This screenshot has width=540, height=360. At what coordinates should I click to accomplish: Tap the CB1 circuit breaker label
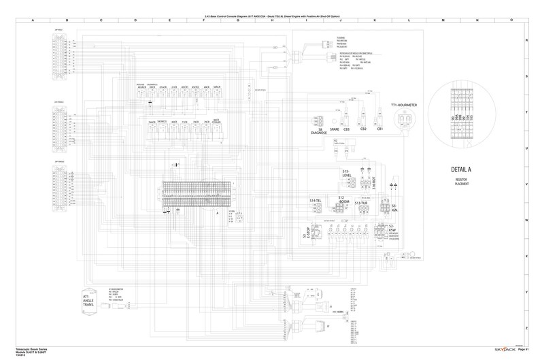coord(380,129)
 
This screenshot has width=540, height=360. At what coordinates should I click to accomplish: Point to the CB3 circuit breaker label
coord(346,129)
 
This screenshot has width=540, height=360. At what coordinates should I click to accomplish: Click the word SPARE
coord(334,129)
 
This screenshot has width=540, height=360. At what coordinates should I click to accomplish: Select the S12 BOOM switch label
coord(341,199)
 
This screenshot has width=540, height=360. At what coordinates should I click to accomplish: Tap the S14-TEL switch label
coord(316,201)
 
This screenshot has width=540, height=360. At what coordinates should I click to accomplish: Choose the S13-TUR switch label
coord(360,203)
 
